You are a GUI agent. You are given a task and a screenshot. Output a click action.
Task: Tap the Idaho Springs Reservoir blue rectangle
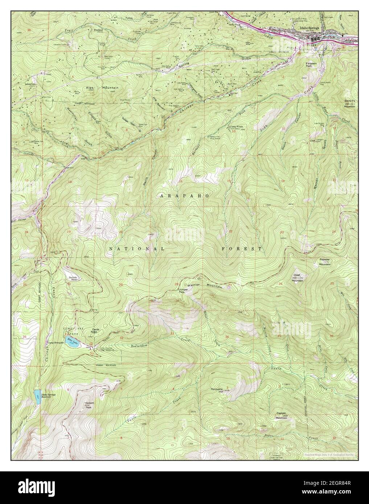click(37, 396)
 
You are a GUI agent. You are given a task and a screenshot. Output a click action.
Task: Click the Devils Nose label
click(95, 330)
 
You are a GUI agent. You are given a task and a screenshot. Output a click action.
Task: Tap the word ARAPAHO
click(184, 195)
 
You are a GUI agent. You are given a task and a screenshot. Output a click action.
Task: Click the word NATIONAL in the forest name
click(137, 249)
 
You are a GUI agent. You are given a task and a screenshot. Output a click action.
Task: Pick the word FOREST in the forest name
click(242, 249)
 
